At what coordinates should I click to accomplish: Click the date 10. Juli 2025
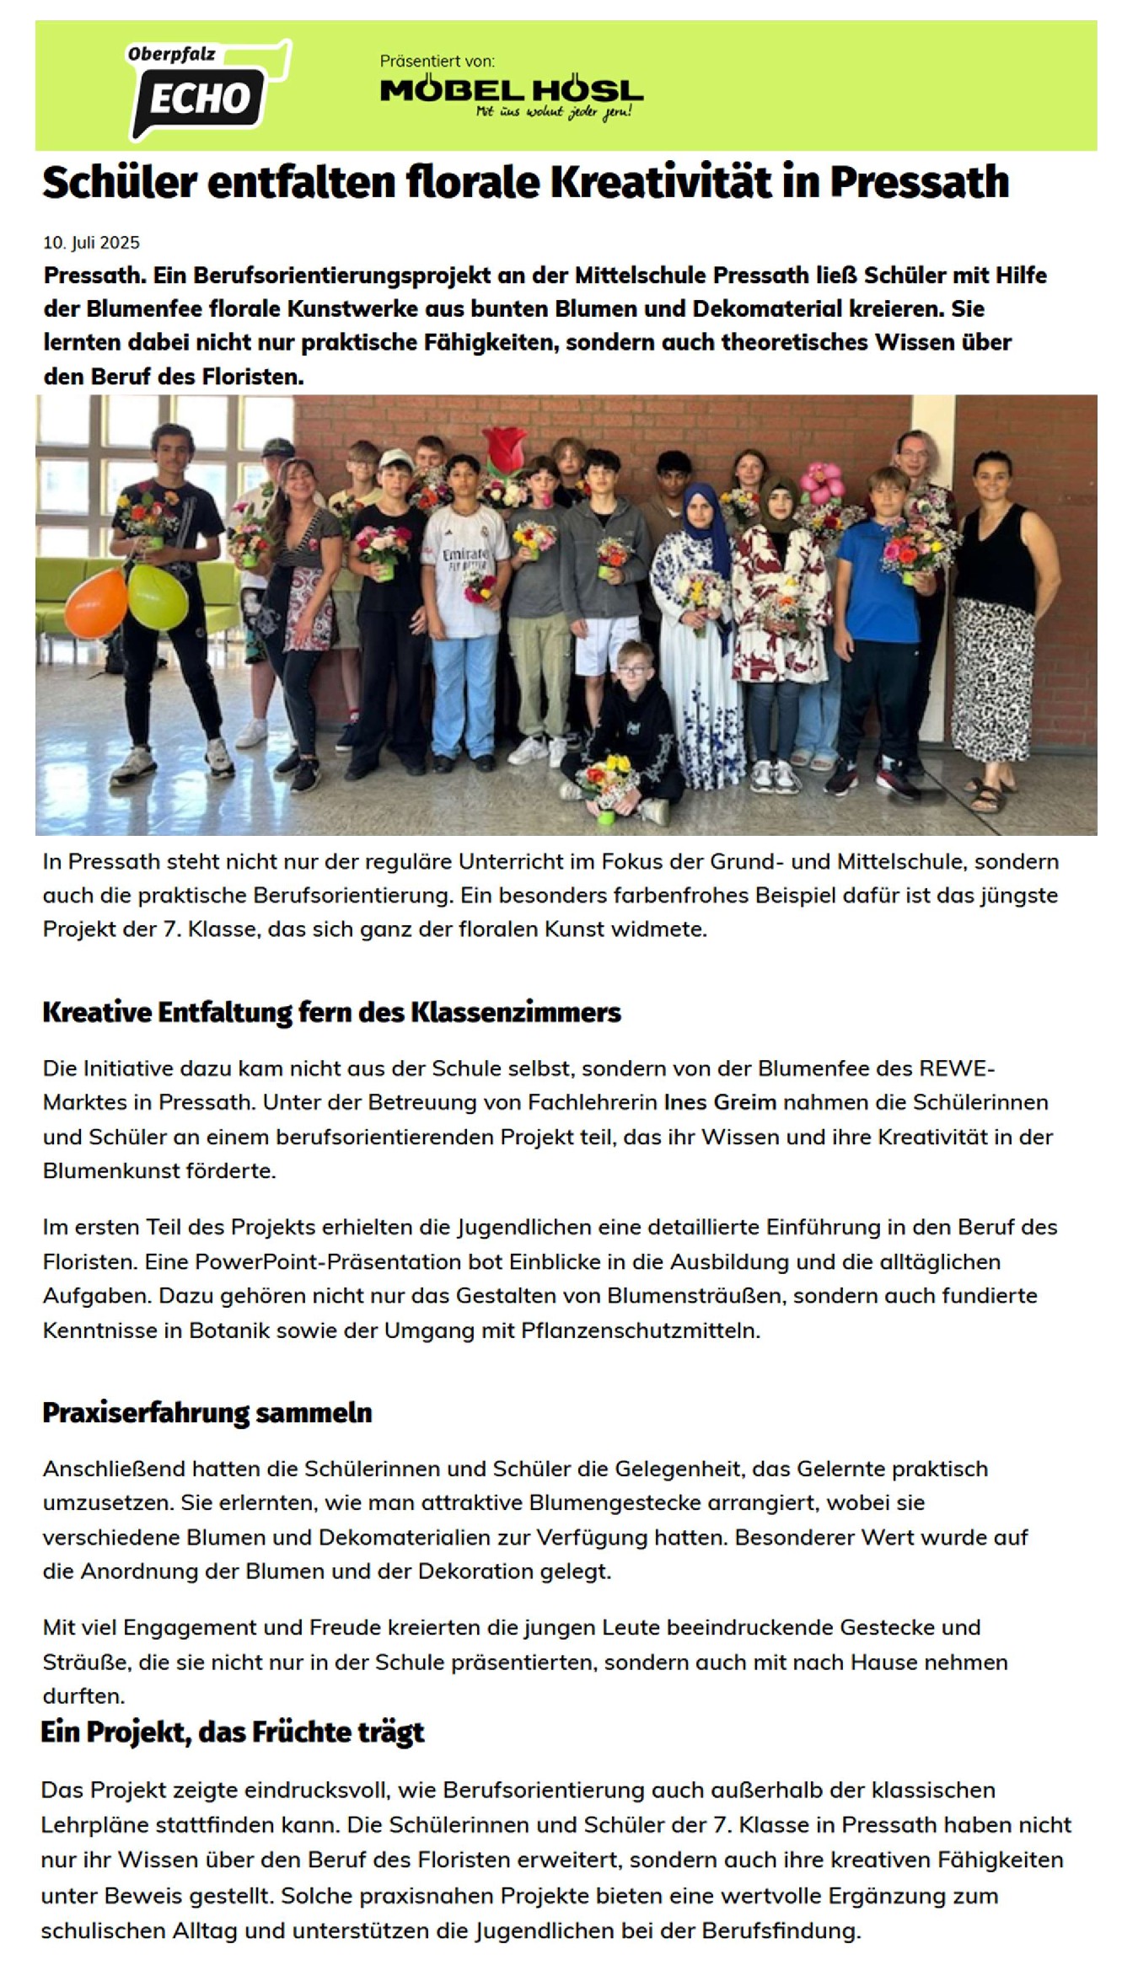point(91,243)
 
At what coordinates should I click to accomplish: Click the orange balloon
point(95,602)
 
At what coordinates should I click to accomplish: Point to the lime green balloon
point(158,596)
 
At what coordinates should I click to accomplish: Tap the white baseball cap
point(395,459)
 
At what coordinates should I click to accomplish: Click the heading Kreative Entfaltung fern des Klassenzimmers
point(331,1011)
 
